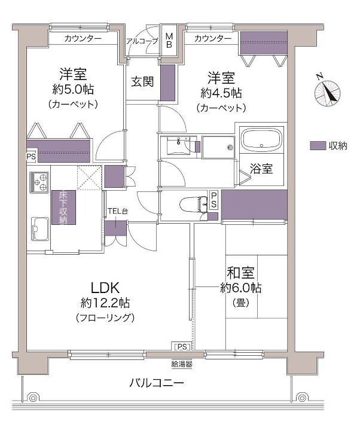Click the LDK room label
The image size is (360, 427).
coord(105,288)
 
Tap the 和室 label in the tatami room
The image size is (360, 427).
coord(240,273)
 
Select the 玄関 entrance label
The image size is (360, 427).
coord(142,81)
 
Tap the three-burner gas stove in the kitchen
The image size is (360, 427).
coord(39,182)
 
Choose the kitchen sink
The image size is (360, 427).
coord(40,228)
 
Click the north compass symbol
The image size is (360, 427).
coord(327,92)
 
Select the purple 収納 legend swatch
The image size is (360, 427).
coord(318,146)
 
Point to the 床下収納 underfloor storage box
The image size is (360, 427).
coord(64,208)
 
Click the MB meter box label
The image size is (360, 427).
coord(169,41)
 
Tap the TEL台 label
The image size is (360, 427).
coord(118,211)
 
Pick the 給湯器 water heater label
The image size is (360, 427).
coord(182,364)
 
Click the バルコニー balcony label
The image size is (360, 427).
coord(157,383)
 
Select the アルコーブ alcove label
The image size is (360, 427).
coord(142,41)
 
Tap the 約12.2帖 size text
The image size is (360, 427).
coord(105,303)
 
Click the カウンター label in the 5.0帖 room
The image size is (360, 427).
coord(83,38)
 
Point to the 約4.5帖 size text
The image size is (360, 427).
coord(221,93)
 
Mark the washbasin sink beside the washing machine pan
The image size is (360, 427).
coord(178,145)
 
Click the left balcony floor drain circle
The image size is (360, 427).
coord(33,398)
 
